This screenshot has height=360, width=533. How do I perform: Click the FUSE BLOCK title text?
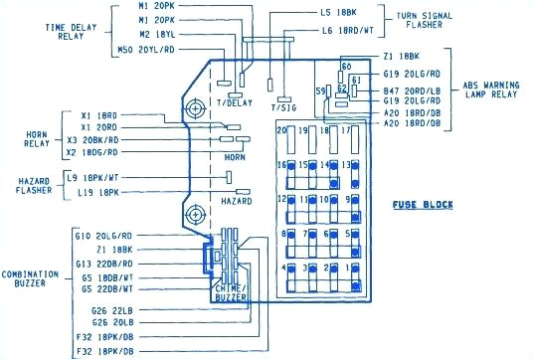[424, 205]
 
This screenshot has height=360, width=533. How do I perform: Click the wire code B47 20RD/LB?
[410, 90]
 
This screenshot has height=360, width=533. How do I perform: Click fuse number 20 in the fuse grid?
[282, 131]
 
